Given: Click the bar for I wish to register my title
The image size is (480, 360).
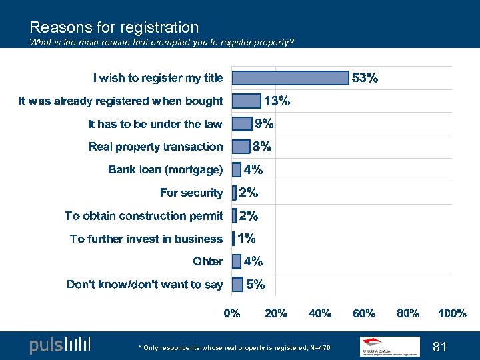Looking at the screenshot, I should click(x=290, y=78).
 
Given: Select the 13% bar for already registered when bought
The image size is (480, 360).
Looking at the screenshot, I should click(x=246, y=101).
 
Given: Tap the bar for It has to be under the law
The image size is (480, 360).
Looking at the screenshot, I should click(x=241, y=124).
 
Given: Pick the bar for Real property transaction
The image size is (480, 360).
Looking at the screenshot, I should click(x=240, y=147).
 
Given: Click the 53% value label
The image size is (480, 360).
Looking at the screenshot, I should click(x=365, y=78).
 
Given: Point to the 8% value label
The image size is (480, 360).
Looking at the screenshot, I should click(x=261, y=147).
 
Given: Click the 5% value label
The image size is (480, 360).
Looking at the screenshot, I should click(x=255, y=285).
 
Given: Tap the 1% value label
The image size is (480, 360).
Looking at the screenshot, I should click(x=247, y=239).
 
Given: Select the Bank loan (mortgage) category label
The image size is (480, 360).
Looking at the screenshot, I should click(x=165, y=170).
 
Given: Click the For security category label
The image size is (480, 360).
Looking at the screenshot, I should click(x=191, y=193).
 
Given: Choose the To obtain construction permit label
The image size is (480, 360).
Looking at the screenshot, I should click(x=144, y=216).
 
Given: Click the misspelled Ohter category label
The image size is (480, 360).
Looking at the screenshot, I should click(x=208, y=261).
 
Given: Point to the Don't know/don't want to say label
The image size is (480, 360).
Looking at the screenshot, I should click(x=145, y=285).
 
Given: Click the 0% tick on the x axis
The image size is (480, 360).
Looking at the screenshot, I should click(x=232, y=313).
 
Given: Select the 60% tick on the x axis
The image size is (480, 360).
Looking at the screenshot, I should click(x=364, y=313).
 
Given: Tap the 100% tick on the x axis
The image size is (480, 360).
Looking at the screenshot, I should click(x=452, y=313).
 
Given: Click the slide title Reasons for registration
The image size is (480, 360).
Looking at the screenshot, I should click(x=114, y=27).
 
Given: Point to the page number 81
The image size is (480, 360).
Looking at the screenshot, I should click(x=440, y=347).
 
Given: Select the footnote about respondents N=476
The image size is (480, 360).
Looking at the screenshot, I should click(x=234, y=347).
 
